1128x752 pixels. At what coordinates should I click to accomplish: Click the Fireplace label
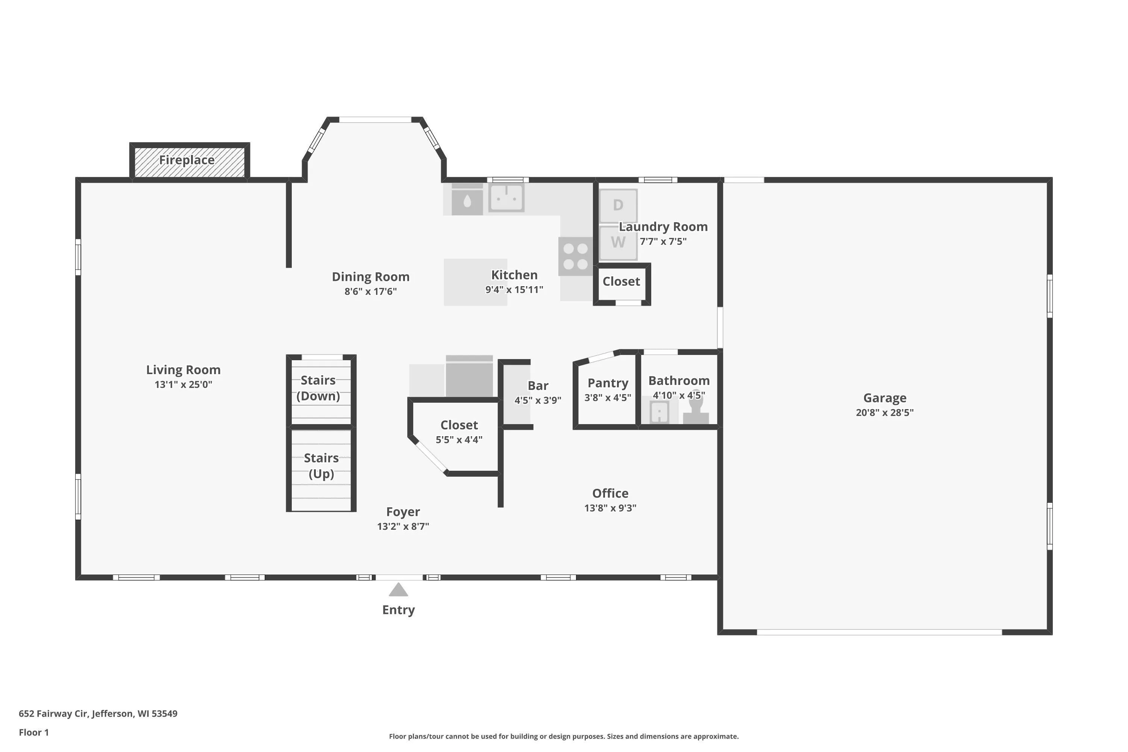pos(186,160)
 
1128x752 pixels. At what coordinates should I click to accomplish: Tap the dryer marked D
pos(618,205)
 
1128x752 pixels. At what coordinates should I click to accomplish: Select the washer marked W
pos(618,242)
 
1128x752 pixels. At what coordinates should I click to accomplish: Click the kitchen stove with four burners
pos(576,256)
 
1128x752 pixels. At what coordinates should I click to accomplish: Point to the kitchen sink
pos(506,198)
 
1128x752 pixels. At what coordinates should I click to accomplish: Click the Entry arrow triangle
pos(398,590)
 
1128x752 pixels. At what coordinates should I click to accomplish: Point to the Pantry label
pos(608,383)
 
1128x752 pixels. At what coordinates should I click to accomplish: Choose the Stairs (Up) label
pos(321,466)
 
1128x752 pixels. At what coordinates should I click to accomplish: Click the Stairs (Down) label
pos(318,388)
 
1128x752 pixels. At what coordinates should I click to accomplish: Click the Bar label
pos(538,386)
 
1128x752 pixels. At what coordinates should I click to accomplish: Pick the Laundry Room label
pos(663,227)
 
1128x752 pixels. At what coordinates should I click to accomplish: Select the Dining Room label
pos(371,277)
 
